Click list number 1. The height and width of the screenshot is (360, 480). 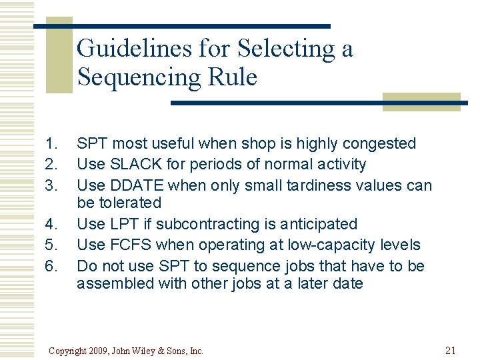point(51,143)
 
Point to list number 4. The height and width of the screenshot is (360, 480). point(51,224)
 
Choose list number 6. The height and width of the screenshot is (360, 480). point(51,266)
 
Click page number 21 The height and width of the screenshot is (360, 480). point(449,350)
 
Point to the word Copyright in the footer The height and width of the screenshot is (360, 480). point(68,351)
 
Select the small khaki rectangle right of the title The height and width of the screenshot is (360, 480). point(421,102)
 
